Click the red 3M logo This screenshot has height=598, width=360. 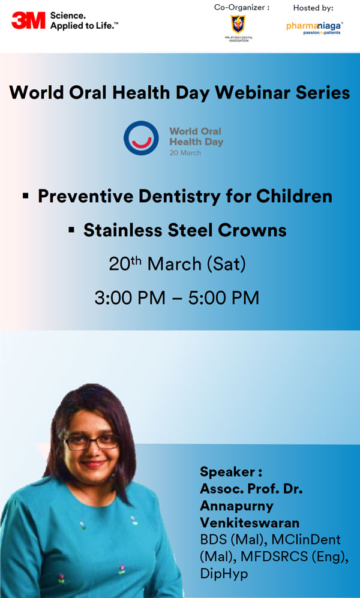(29, 20)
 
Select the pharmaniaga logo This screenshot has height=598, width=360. (314, 28)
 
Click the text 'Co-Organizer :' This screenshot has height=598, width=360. (242, 8)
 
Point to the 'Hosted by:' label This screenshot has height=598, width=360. (313, 8)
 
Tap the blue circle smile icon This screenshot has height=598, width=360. (141, 138)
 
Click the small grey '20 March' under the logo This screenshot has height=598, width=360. (185, 152)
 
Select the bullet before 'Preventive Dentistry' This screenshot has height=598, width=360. (26, 196)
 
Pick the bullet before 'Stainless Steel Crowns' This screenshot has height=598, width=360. (71, 230)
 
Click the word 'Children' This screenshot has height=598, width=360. (294, 196)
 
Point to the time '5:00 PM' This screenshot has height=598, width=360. (223, 298)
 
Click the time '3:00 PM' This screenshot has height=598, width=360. (130, 298)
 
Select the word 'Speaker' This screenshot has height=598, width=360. (227, 472)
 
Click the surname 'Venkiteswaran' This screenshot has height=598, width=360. (250, 522)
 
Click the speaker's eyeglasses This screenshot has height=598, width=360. (92, 442)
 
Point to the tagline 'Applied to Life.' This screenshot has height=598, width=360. (84, 26)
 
